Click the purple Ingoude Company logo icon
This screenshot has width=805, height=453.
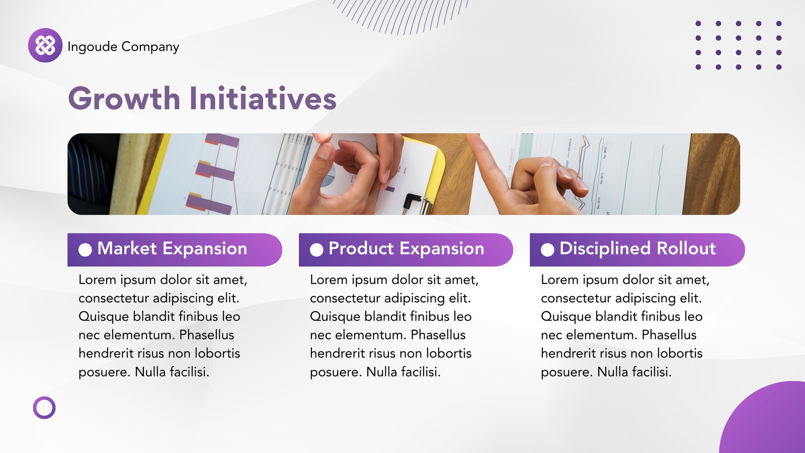[45, 45]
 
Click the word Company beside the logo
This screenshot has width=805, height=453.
[150, 47]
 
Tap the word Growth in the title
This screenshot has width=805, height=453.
[124, 98]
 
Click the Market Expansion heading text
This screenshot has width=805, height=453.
[172, 249]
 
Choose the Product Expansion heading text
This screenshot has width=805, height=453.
[407, 249]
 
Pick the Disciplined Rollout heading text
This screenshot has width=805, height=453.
[637, 249]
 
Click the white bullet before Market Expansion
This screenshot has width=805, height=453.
[85, 250]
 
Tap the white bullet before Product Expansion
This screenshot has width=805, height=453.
[316, 250]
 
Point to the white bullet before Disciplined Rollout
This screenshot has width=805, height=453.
[547, 250]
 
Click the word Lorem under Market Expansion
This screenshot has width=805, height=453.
[98, 280]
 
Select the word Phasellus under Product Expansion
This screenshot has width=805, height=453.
[438, 335]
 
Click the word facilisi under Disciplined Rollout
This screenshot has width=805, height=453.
[652, 372]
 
